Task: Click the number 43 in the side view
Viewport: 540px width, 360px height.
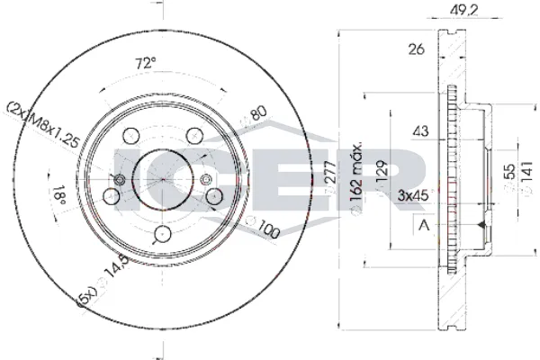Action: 419,131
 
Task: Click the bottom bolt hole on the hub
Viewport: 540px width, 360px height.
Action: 163,234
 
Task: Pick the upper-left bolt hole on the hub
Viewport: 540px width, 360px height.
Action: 130,136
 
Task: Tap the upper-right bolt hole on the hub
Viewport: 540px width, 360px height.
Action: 194,136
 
